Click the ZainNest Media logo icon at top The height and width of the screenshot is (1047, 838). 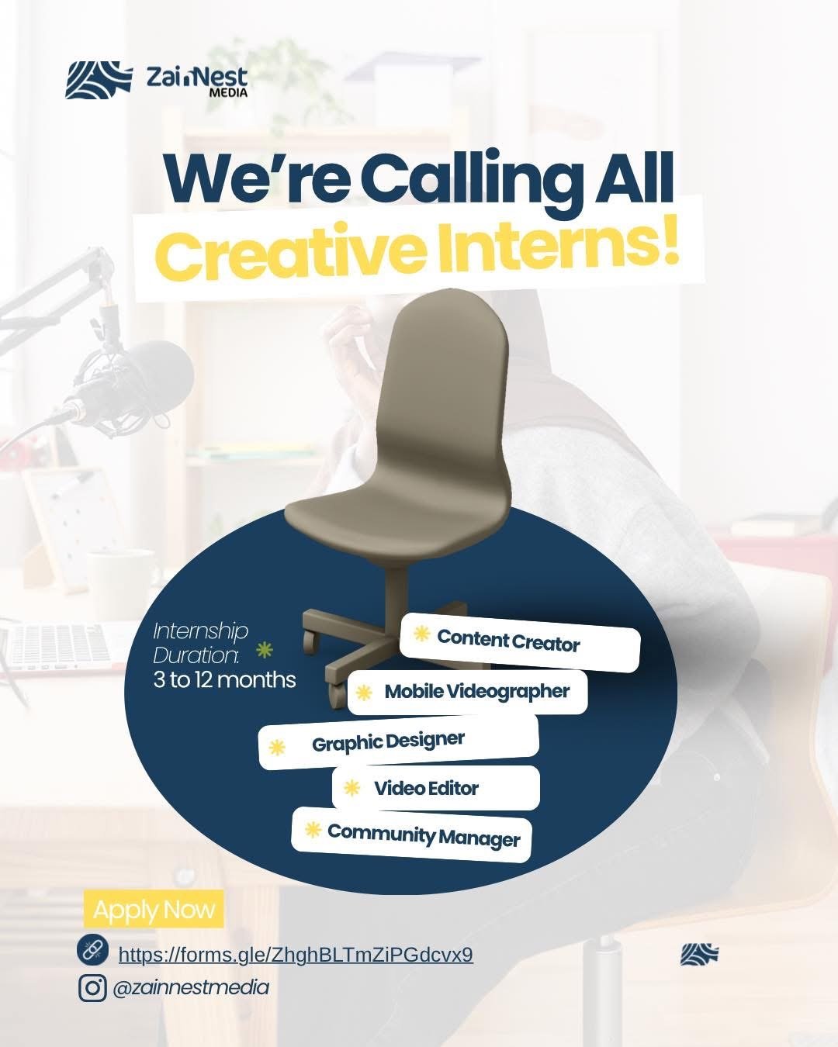99,79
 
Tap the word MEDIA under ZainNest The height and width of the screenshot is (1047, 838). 227,92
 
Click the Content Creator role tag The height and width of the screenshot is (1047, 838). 520,642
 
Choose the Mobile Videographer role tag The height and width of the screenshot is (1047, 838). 467,692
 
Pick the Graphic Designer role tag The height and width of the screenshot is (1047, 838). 399,742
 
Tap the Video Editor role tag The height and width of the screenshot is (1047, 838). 436,788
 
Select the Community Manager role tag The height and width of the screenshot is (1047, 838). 411,834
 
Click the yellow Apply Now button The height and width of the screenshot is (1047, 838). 154,909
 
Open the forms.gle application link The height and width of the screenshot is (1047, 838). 296,955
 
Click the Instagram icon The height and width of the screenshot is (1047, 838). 92,988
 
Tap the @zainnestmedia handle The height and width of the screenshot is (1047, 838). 191,987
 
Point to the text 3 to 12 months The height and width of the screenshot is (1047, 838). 224,679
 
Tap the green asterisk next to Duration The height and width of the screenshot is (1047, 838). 265,649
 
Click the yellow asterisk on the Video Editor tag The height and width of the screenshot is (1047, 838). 351,788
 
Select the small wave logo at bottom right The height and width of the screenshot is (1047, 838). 699,954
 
